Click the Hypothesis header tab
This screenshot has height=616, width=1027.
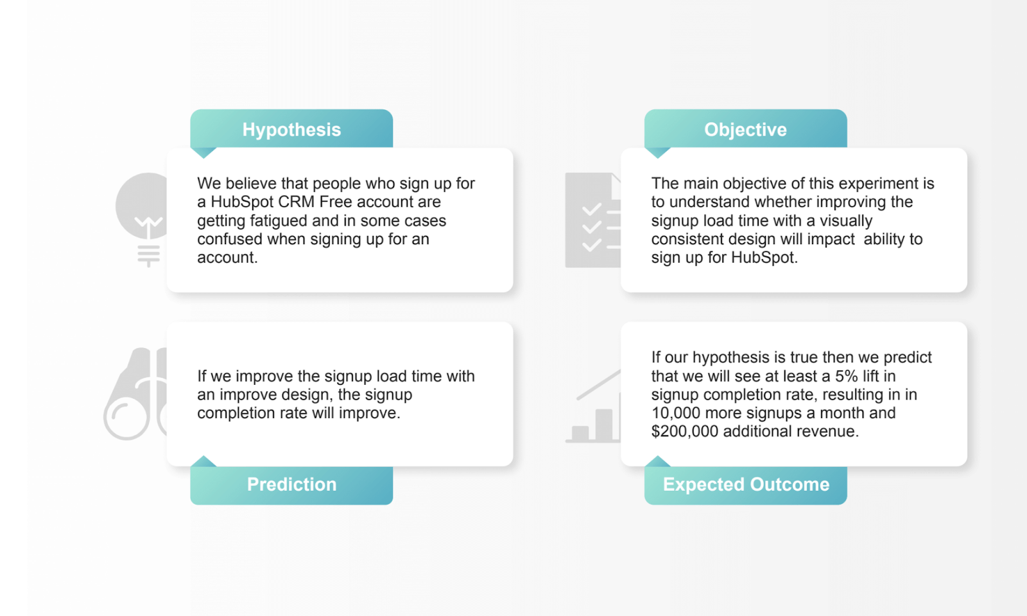tap(291, 129)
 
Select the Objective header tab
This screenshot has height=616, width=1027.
tap(745, 129)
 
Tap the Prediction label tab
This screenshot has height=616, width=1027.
tap(291, 484)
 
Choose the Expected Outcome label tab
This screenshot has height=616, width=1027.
tap(745, 484)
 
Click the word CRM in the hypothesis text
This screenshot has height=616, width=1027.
tap(296, 202)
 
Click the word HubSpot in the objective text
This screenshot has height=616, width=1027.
tap(763, 258)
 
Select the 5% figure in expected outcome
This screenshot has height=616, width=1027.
tap(846, 376)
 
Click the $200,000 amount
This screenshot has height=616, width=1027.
tap(684, 431)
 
